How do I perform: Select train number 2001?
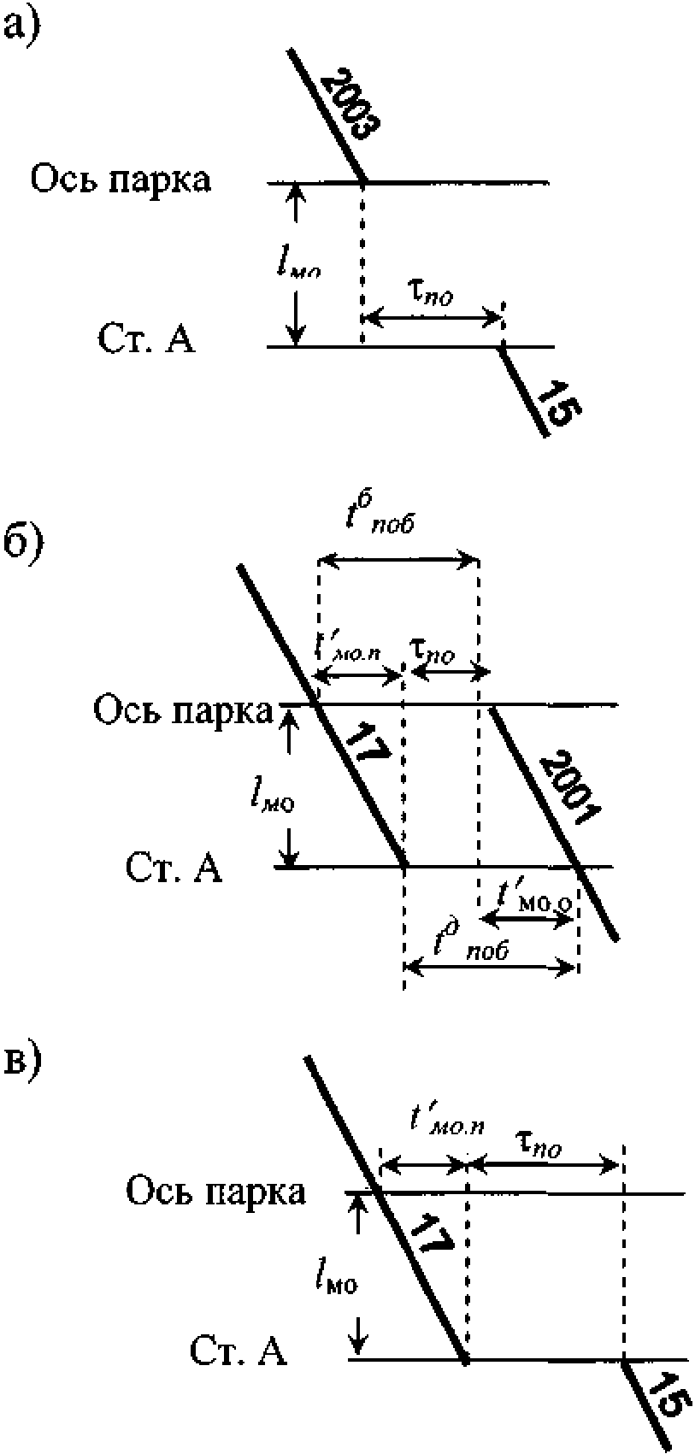(570, 787)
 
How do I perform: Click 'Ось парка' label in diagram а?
(121, 181)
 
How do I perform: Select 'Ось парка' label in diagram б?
(183, 710)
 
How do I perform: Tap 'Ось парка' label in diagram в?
(215, 1191)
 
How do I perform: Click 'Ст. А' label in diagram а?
(145, 339)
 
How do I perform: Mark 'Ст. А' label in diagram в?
(238, 1351)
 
